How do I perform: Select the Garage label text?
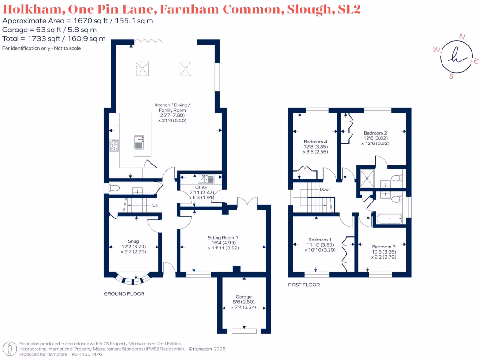click(244, 297)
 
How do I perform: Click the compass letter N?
click(462, 37)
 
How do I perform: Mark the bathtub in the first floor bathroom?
click(389, 218)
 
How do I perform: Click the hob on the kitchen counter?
click(114, 146)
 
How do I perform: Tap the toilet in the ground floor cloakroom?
click(114, 188)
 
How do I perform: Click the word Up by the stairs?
click(154, 205)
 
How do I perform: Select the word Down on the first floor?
click(325, 190)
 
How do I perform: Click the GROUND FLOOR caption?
click(124, 294)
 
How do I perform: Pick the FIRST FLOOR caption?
click(304, 285)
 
